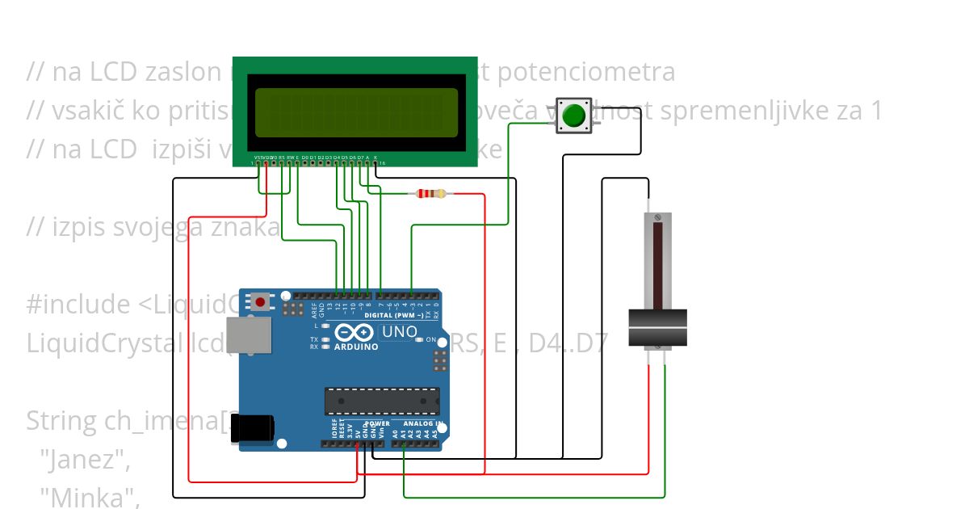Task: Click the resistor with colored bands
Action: (430, 193)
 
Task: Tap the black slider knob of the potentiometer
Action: (657, 328)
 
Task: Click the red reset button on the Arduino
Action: (260, 302)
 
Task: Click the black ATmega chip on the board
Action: (382, 401)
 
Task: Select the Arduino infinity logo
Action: (354, 332)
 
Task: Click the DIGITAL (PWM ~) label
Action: (393, 315)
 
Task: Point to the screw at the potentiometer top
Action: (657, 218)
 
